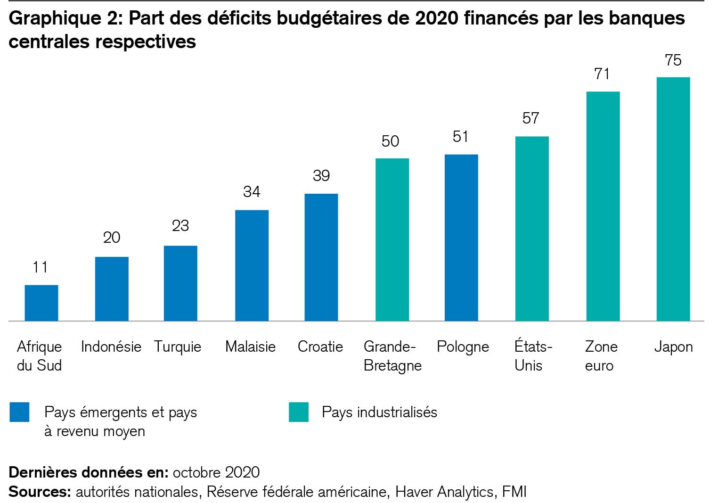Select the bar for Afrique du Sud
click(41, 303)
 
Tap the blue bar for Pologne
click(461, 238)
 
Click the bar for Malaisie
click(252, 265)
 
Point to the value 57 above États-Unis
click(531, 118)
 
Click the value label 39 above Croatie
click(321, 176)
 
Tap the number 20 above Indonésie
click(112, 237)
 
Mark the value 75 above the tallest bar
click(673, 60)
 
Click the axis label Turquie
click(178, 347)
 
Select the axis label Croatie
click(320, 347)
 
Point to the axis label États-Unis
click(533, 356)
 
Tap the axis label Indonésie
click(111, 347)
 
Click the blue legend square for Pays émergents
click(19, 412)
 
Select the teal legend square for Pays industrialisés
click(299, 412)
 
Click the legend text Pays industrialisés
click(379, 412)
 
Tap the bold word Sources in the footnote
click(40, 492)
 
